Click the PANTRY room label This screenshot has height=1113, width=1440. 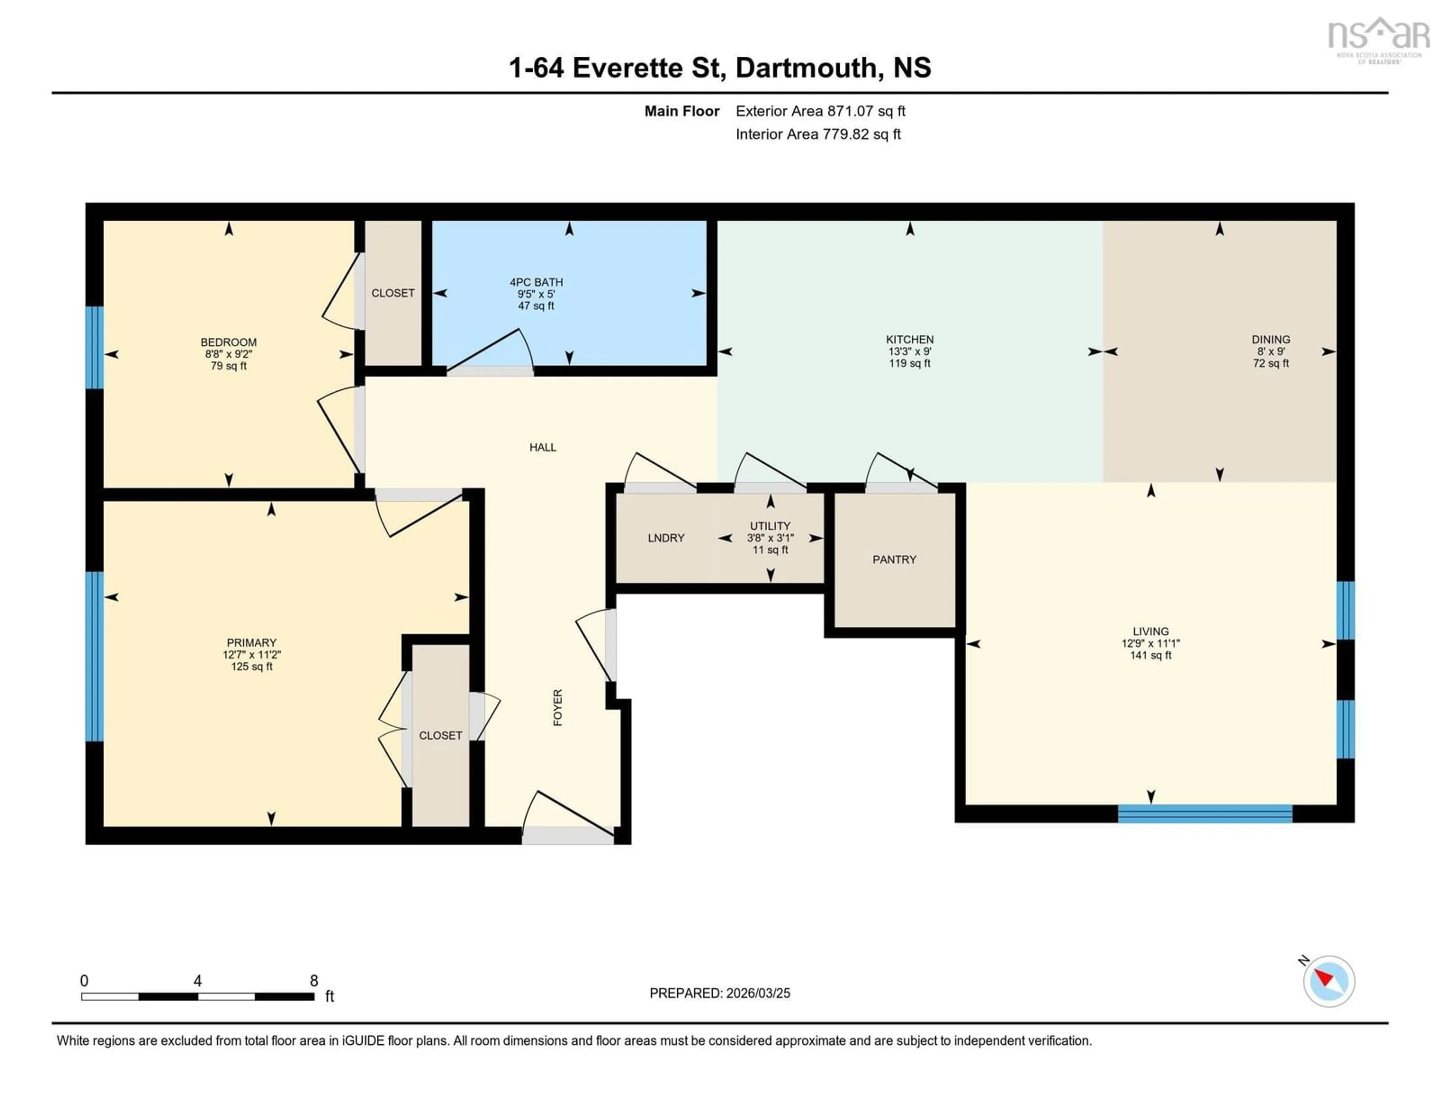(x=894, y=560)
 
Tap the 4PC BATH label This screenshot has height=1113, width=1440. (x=536, y=282)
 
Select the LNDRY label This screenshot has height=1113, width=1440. (x=666, y=538)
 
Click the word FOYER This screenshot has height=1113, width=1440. (x=558, y=708)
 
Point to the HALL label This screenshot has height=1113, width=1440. (x=543, y=447)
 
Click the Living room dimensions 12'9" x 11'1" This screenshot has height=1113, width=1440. (x=1150, y=643)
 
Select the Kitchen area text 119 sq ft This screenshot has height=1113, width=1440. (x=909, y=364)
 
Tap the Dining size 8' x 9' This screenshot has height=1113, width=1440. (x=1270, y=352)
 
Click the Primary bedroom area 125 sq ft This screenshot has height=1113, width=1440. (x=251, y=666)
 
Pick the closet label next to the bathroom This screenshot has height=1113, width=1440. (x=393, y=293)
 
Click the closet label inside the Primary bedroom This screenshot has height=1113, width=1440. (x=441, y=735)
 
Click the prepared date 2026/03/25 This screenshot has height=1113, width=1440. (x=757, y=993)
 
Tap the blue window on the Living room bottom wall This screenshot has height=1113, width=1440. (x=1204, y=814)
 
